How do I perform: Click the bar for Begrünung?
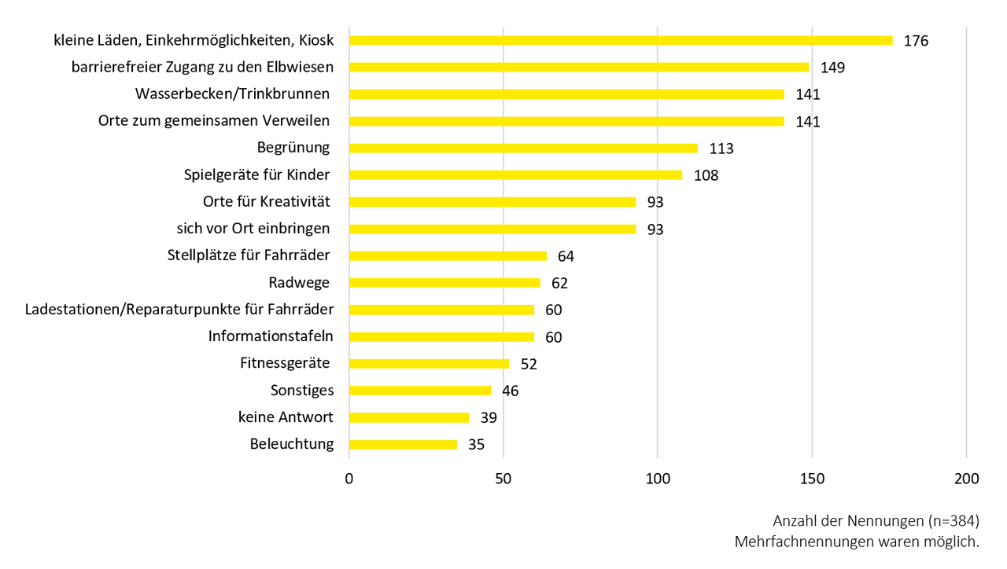523,148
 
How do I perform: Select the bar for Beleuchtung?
403,444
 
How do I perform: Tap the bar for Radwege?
444,282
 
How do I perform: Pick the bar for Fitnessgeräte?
429,363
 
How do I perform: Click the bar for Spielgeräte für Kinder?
515,174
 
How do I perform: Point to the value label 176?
916,41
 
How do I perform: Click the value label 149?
832,68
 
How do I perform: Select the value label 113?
721,149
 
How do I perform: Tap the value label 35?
476,445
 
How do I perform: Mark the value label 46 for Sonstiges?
511,391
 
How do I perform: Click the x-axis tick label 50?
503,479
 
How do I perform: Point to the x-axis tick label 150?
812,479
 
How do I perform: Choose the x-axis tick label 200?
966,479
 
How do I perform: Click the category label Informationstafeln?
271,336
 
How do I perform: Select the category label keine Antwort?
286,417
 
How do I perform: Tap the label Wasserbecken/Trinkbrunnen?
232,94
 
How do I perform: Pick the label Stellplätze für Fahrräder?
249,255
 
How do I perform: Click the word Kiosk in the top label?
315,40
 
